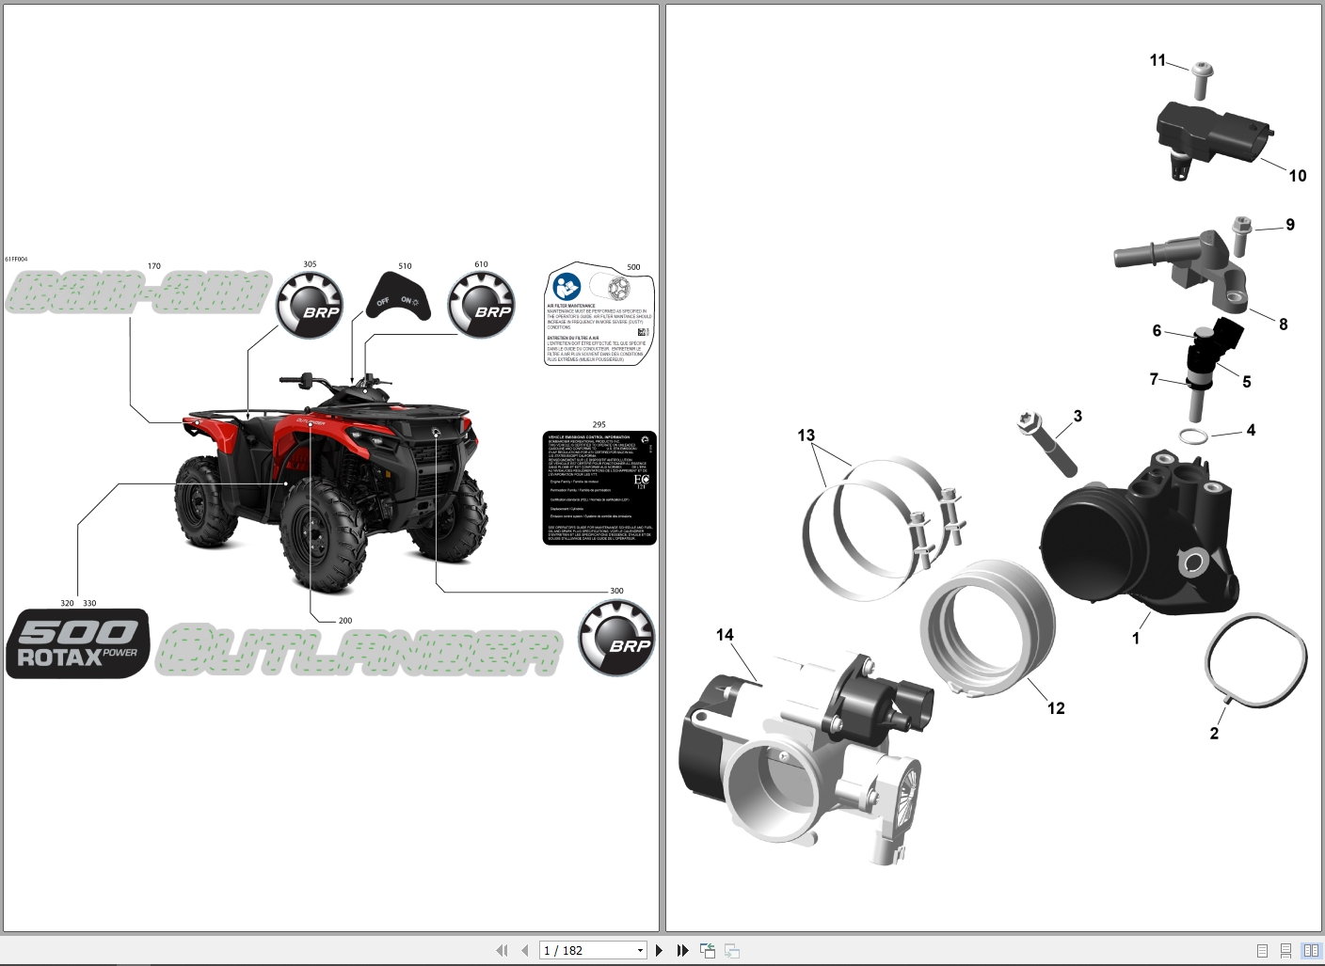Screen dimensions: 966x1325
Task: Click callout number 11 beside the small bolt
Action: click(1157, 60)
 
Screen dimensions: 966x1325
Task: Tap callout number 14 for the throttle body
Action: click(725, 635)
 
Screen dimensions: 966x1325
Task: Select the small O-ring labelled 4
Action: click(1193, 436)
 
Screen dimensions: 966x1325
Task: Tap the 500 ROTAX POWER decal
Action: click(78, 643)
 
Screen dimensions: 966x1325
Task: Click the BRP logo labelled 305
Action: click(309, 305)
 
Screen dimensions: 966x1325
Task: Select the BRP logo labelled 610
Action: click(481, 305)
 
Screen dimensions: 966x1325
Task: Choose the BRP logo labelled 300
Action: click(616, 638)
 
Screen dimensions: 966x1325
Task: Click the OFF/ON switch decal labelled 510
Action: click(398, 297)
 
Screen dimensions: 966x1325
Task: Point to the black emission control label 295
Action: click(599, 487)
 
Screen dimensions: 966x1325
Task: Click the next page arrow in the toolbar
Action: click(659, 951)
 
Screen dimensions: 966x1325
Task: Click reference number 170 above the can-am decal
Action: click(154, 266)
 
